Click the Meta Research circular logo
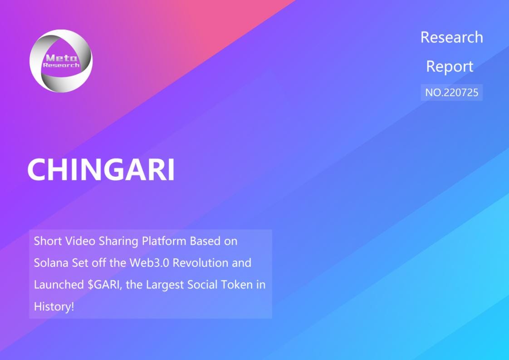[61, 61]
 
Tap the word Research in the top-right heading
[451, 37]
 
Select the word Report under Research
[450, 67]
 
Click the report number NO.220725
[451, 93]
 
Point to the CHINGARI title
[101, 170]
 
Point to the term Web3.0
[149, 263]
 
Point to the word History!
[54, 307]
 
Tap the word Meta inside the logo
[61, 58]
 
